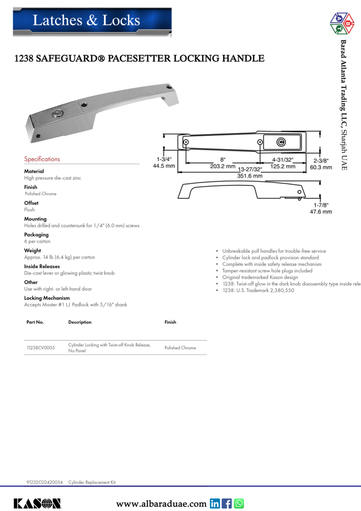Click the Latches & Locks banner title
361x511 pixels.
point(86,20)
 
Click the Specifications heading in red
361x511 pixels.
point(42,159)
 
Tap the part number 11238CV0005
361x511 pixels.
point(41,348)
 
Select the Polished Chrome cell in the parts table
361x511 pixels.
point(180,348)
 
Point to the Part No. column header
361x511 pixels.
point(35,322)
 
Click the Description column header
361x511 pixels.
point(80,322)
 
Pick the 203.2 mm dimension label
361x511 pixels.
point(223,167)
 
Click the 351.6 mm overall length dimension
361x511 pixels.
point(249,175)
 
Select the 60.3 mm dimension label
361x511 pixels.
point(321,167)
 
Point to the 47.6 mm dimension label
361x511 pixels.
point(321,212)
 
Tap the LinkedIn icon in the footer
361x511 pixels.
point(215,504)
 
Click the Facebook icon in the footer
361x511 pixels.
point(227,504)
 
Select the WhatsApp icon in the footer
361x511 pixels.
point(239,504)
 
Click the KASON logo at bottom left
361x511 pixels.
point(37,503)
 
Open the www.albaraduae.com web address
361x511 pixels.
point(161,504)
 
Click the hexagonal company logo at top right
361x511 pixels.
point(342,24)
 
